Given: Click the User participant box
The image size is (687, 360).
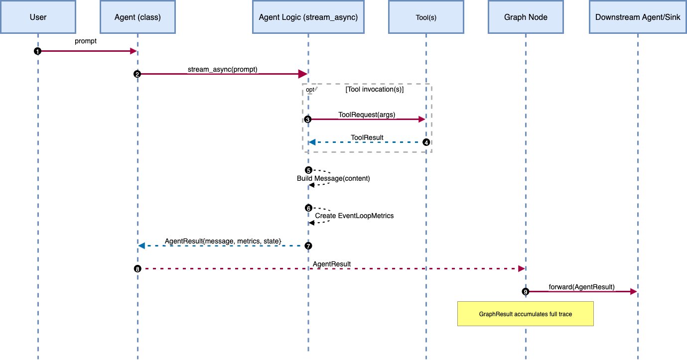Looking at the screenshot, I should tap(38, 17).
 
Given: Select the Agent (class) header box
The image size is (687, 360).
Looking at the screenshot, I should tap(137, 17).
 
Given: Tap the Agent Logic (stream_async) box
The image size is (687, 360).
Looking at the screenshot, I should tap(308, 17).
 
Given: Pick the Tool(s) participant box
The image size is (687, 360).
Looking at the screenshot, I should tap(426, 17).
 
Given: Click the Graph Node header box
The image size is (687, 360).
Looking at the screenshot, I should tap(525, 17).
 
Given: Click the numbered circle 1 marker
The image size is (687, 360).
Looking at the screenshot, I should tap(37, 51).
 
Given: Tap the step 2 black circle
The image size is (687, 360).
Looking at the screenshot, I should tap(137, 74).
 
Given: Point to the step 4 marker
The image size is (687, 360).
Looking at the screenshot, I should tap(426, 142).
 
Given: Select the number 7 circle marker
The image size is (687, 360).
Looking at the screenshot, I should tap(308, 245).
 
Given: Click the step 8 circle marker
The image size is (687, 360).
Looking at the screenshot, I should tap(137, 268).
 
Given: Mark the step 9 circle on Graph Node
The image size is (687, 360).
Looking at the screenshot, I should tap(525, 291).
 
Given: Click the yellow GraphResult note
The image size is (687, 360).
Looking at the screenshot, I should tap(525, 314).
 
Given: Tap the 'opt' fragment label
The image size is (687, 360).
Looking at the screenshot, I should tap(310, 89).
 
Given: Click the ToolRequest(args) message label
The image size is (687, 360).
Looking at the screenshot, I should tap(367, 115).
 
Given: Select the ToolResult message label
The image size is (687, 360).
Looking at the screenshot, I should tap(367, 137).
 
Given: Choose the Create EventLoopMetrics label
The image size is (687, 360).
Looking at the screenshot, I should tap(354, 216).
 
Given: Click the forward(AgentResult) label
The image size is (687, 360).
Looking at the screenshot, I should tap(581, 287).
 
